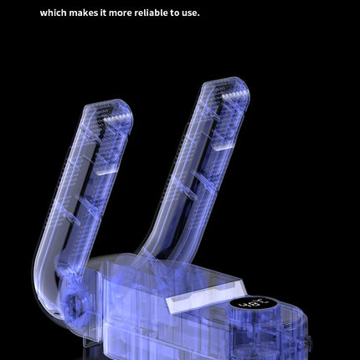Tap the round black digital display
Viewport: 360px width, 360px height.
(254, 302)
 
